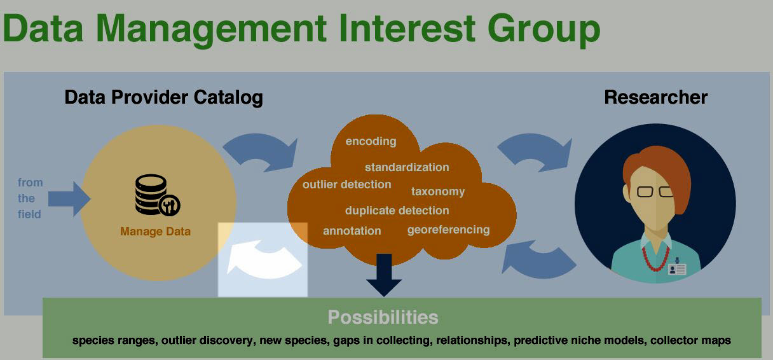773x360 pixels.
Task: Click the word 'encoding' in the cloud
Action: pyautogui.click(x=371, y=141)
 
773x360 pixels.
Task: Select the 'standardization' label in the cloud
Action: pyautogui.click(x=407, y=167)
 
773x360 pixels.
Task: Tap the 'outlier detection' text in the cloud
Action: pyautogui.click(x=347, y=184)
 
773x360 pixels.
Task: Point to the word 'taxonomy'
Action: pyautogui.click(x=438, y=191)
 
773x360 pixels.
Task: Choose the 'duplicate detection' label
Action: pyautogui.click(x=397, y=211)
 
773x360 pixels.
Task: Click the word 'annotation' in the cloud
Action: pyautogui.click(x=352, y=231)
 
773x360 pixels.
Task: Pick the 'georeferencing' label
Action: pyautogui.click(x=448, y=230)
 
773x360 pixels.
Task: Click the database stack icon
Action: pyautogui.click(x=158, y=195)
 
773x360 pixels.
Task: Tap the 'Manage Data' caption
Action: pyautogui.click(x=155, y=232)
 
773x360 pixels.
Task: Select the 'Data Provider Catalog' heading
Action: pyautogui.click(x=163, y=98)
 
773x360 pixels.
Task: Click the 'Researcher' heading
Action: pyautogui.click(x=655, y=97)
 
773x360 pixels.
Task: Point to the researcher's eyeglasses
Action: pyautogui.click(x=654, y=191)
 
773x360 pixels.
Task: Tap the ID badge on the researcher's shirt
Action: pyautogui.click(x=677, y=268)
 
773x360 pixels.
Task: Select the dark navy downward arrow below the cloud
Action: pyautogui.click(x=384, y=275)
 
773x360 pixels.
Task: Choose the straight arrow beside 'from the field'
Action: pyautogui.click(x=69, y=199)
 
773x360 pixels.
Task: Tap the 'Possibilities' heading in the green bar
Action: pyautogui.click(x=383, y=317)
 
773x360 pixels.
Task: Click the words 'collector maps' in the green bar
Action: pyautogui.click(x=690, y=341)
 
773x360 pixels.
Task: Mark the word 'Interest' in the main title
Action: pyautogui.click(x=407, y=28)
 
